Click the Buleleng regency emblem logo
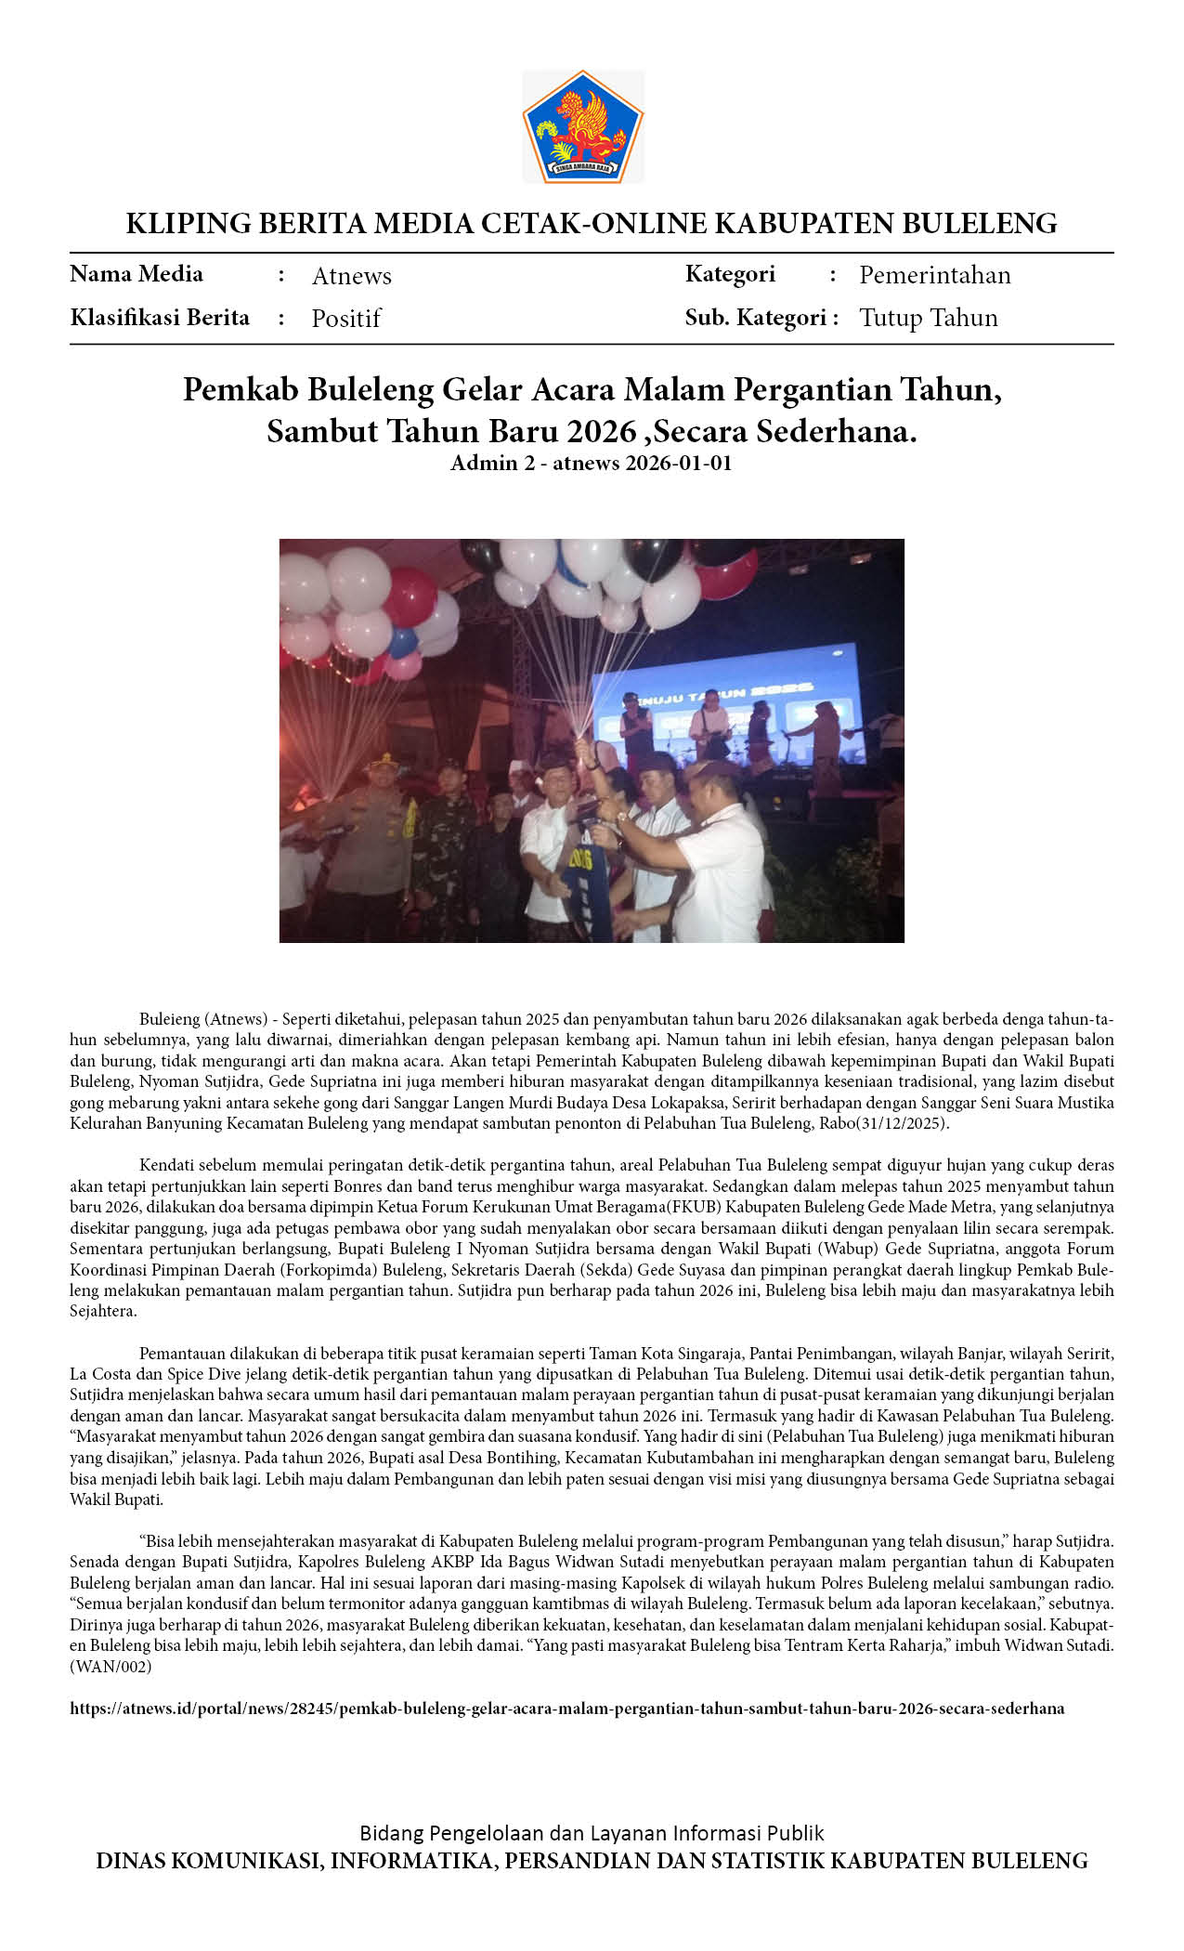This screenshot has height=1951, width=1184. (x=583, y=126)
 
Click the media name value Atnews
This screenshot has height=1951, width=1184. (x=351, y=276)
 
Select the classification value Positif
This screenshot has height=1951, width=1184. (x=345, y=319)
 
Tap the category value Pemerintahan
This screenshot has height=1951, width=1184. (x=934, y=275)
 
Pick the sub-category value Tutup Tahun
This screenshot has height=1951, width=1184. (x=928, y=318)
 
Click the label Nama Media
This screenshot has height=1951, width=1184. (x=137, y=274)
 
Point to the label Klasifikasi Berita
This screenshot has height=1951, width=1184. (x=160, y=318)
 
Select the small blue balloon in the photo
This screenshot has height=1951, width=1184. (x=402, y=642)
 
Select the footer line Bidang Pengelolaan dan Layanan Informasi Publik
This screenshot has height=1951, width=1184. (x=592, y=1833)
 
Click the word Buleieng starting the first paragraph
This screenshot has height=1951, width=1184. (x=170, y=1019)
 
